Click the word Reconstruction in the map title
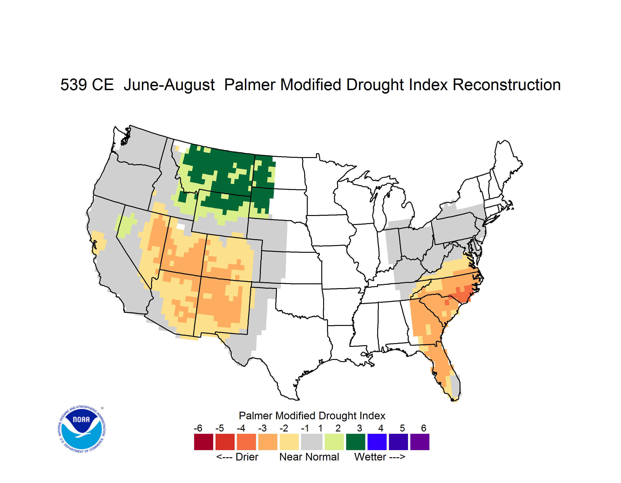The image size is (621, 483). point(506,84)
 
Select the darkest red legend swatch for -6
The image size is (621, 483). point(204,442)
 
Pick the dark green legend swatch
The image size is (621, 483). point(355,442)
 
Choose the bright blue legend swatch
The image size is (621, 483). point(377,442)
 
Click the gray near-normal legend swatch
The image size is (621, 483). point(312,442)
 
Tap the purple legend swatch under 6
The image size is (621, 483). point(420,442)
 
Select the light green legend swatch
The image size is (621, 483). point(334,442)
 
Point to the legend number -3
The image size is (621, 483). point(262,428)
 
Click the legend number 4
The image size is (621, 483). point(381,428)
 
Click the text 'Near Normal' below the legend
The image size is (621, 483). point(309,457)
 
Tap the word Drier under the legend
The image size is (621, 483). point(247,457)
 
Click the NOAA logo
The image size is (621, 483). point(82,429)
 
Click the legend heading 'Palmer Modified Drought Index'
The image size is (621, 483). point(312,416)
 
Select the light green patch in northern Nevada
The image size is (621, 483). point(126,225)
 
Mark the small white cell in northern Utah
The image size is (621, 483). point(181,227)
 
